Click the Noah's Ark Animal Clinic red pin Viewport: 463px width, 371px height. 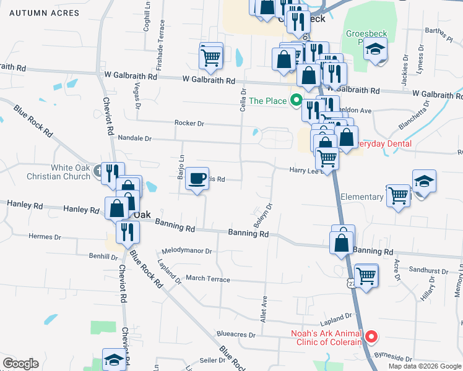click(371, 337)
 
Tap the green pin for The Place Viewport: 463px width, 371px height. click(296, 100)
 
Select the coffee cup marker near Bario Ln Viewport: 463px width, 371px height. click(197, 179)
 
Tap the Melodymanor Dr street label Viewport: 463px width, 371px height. click(187, 252)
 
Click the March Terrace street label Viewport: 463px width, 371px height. click(208, 279)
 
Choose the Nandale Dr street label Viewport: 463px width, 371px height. click(134, 139)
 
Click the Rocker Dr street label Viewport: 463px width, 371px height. click(189, 124)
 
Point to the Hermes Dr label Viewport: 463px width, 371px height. click(45, 237)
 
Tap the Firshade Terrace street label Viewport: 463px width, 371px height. click(162, 38)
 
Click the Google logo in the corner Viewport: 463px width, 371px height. click(20, 364)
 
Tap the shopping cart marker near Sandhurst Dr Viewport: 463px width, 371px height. click(367, 274)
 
